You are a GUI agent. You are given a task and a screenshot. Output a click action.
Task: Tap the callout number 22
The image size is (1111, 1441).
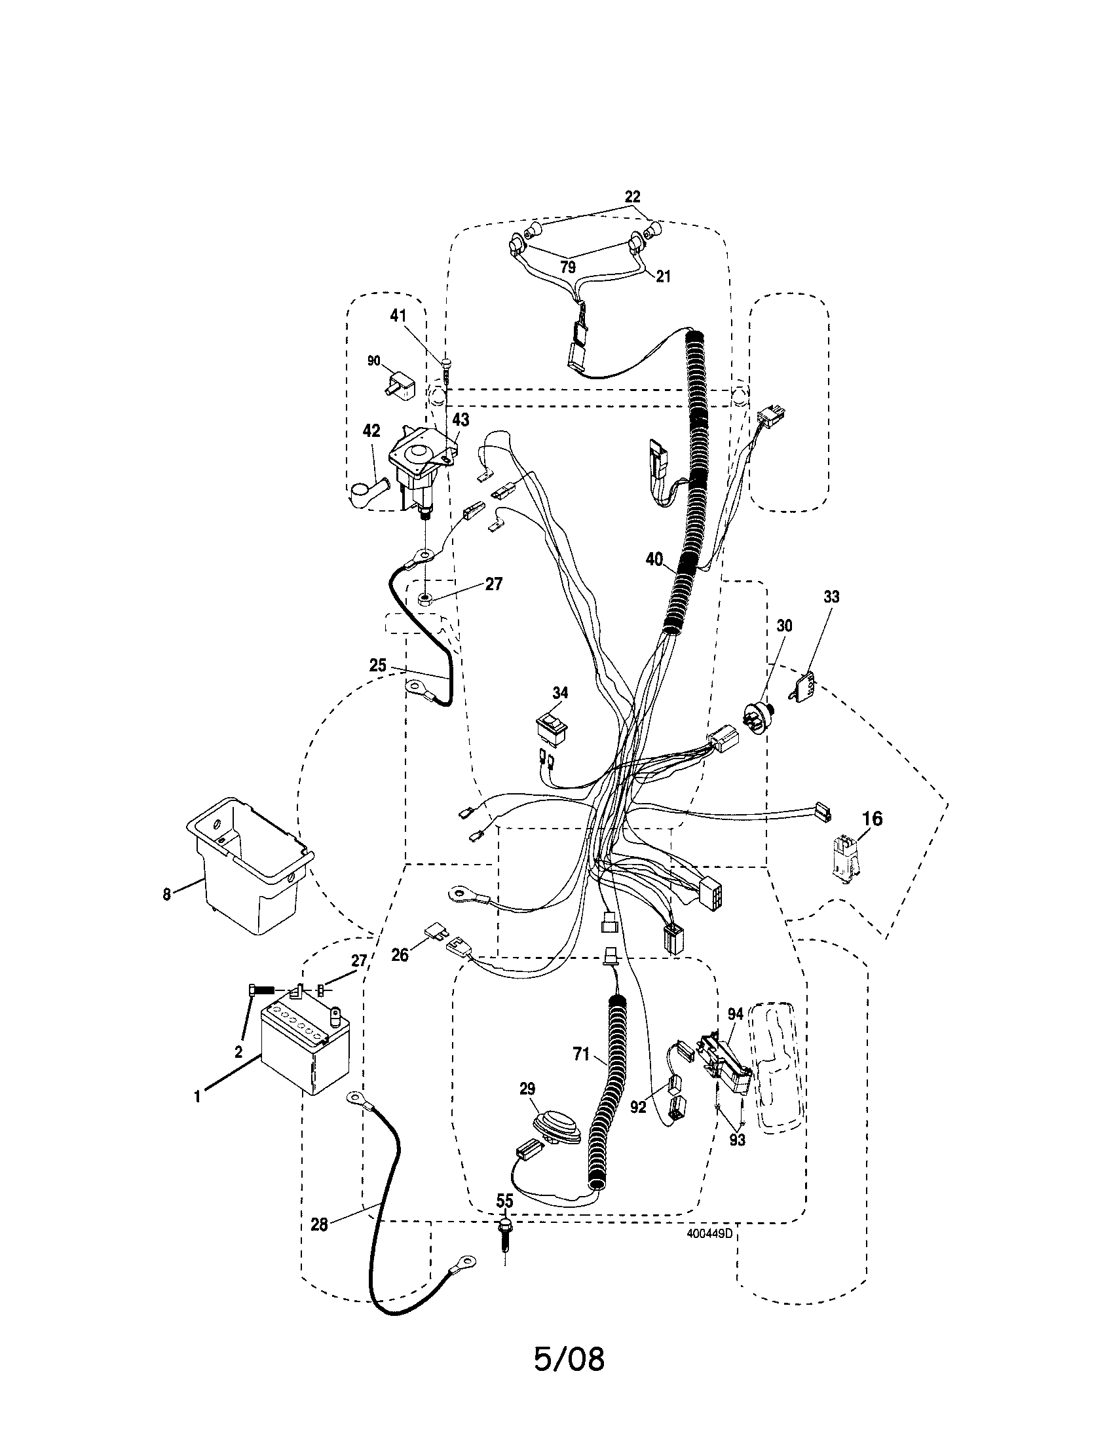tap(633, 196)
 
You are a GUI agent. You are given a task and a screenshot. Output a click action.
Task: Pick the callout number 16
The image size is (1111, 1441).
tap(872, 819)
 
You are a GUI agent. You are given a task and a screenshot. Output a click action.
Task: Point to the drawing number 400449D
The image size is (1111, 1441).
tap(709, 1231)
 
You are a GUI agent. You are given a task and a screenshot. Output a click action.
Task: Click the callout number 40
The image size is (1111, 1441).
tap(654, 559)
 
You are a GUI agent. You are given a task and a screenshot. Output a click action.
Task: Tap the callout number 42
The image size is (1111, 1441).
tap(371, 431)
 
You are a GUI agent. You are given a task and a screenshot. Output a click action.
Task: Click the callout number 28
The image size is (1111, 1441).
tap(319, 1225)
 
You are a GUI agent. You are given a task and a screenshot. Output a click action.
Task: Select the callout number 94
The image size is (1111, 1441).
tap(735, 1015)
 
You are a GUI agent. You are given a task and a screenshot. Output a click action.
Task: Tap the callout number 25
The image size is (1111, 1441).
tap(378, 665)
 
